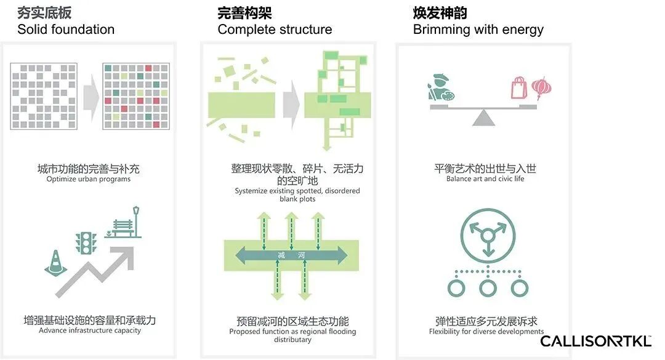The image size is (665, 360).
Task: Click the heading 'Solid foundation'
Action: coord(66,29)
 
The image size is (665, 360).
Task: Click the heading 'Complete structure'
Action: coord(275,29)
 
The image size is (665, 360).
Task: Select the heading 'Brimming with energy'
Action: coord(478,29)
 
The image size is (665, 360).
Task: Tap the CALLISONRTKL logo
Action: coord(595,340)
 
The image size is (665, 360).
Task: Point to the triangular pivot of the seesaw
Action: coord(484,117)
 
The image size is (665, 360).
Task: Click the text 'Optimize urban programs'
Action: coord(89,179)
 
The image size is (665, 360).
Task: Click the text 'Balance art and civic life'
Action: coord(485,179)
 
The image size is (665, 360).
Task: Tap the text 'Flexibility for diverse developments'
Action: coord(486,332)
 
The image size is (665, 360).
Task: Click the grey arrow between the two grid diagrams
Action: coord(91,95)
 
